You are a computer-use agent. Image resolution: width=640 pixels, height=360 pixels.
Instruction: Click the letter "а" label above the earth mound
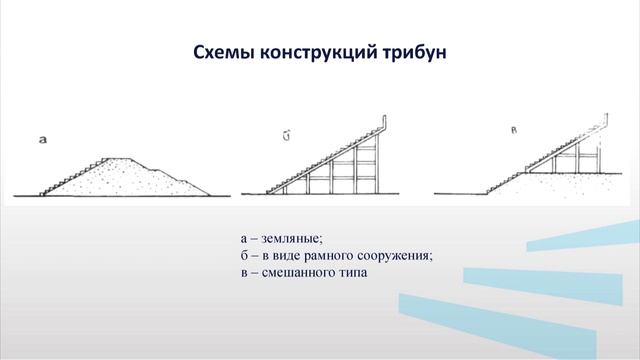(42, 139)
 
